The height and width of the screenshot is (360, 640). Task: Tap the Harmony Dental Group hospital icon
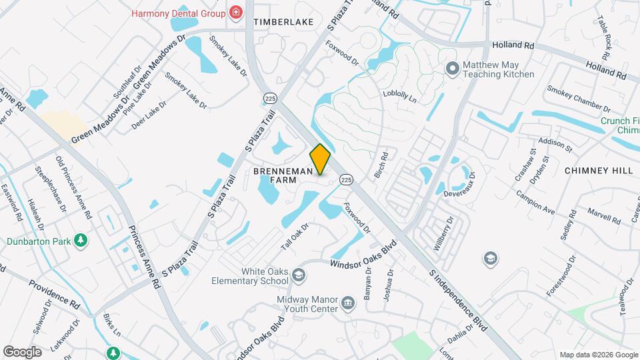coord(235,12)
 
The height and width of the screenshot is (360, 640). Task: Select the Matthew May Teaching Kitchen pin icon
coord(453,68)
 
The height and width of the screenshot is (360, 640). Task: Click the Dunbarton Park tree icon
coord(81,240)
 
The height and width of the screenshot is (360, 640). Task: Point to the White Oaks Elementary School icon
coord(299,275)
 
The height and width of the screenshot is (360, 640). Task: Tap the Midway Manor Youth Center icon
coord(348,305)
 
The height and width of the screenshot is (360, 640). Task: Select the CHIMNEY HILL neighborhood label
coord(598,171)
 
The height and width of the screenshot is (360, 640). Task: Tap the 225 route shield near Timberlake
coord(269,98)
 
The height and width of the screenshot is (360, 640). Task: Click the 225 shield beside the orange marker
coord(345,179)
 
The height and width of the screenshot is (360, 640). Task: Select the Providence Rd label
coord(54,293)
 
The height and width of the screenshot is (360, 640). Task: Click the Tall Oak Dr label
coord(295,236)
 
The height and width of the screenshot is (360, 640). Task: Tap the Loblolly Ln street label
coord(399,97)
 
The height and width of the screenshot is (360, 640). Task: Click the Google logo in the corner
coord(23,351)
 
